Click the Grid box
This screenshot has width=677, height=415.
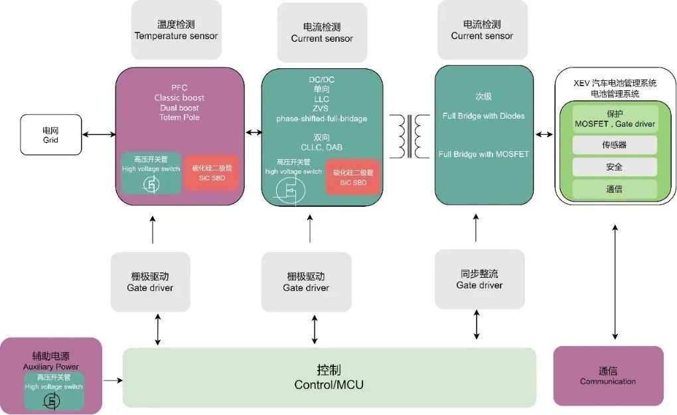click(50, 135)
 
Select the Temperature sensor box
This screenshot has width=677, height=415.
click(176, 30)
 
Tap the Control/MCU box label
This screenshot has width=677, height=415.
click(329, 377)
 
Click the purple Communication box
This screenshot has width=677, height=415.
click(607, 375)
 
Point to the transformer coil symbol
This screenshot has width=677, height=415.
click(408, 137)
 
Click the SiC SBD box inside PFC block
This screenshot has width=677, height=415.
click(210, 172)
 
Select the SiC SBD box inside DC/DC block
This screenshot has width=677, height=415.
click(352, 177)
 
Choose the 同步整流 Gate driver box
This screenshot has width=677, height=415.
click(479, 278)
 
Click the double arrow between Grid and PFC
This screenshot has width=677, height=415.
click(99, 135)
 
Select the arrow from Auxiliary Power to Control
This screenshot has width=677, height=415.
click(113, 380)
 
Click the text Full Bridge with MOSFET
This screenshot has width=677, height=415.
click(483, 154)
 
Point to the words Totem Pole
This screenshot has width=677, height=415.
click(179, 117)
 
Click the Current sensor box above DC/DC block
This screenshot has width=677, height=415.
click(321, 32)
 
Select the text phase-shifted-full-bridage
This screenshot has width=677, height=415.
click(322, 119)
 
